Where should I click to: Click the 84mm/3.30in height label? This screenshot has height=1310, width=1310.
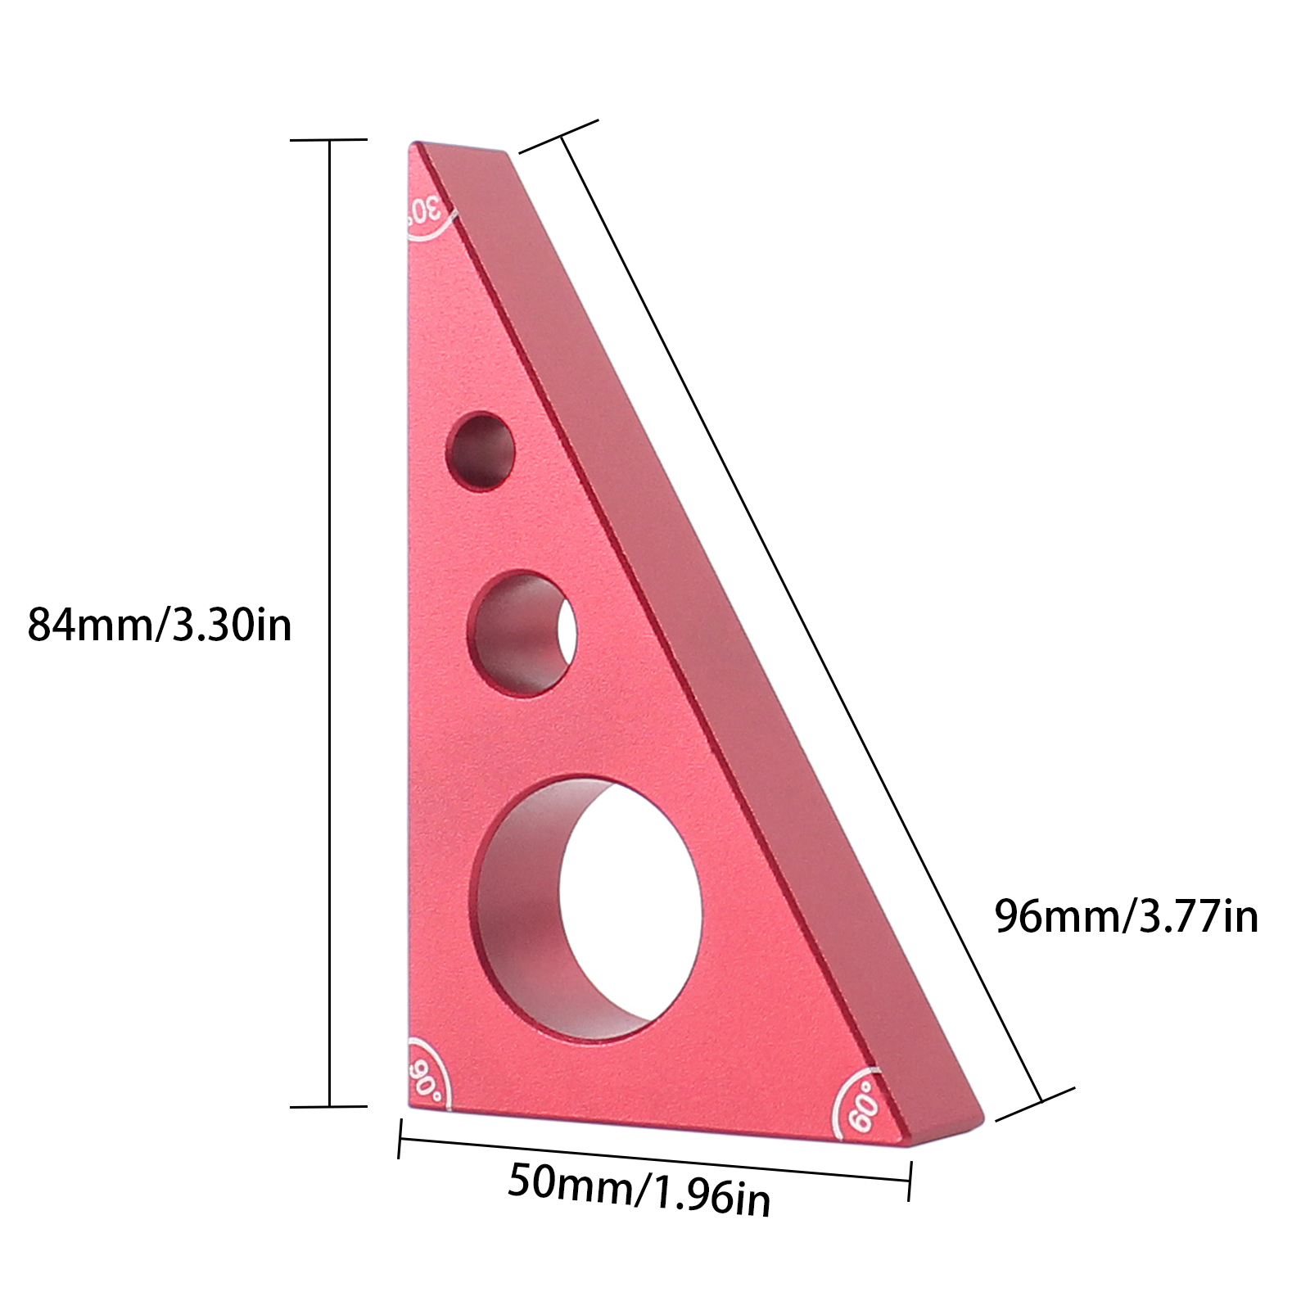160,626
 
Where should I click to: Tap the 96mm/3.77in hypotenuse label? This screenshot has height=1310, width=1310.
1126,916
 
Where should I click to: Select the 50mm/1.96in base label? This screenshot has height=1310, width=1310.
639,1190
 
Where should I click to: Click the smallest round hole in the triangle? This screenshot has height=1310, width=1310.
481,451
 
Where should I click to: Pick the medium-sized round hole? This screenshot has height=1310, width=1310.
522,634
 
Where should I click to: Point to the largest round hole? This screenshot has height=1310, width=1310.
586,908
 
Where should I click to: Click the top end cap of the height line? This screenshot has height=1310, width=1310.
329,140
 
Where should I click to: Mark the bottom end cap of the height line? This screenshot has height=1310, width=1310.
329,1106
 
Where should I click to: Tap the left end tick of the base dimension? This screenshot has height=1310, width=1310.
400,1139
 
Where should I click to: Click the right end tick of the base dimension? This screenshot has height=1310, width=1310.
910,1180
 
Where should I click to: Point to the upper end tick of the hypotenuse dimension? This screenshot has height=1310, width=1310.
560,136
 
